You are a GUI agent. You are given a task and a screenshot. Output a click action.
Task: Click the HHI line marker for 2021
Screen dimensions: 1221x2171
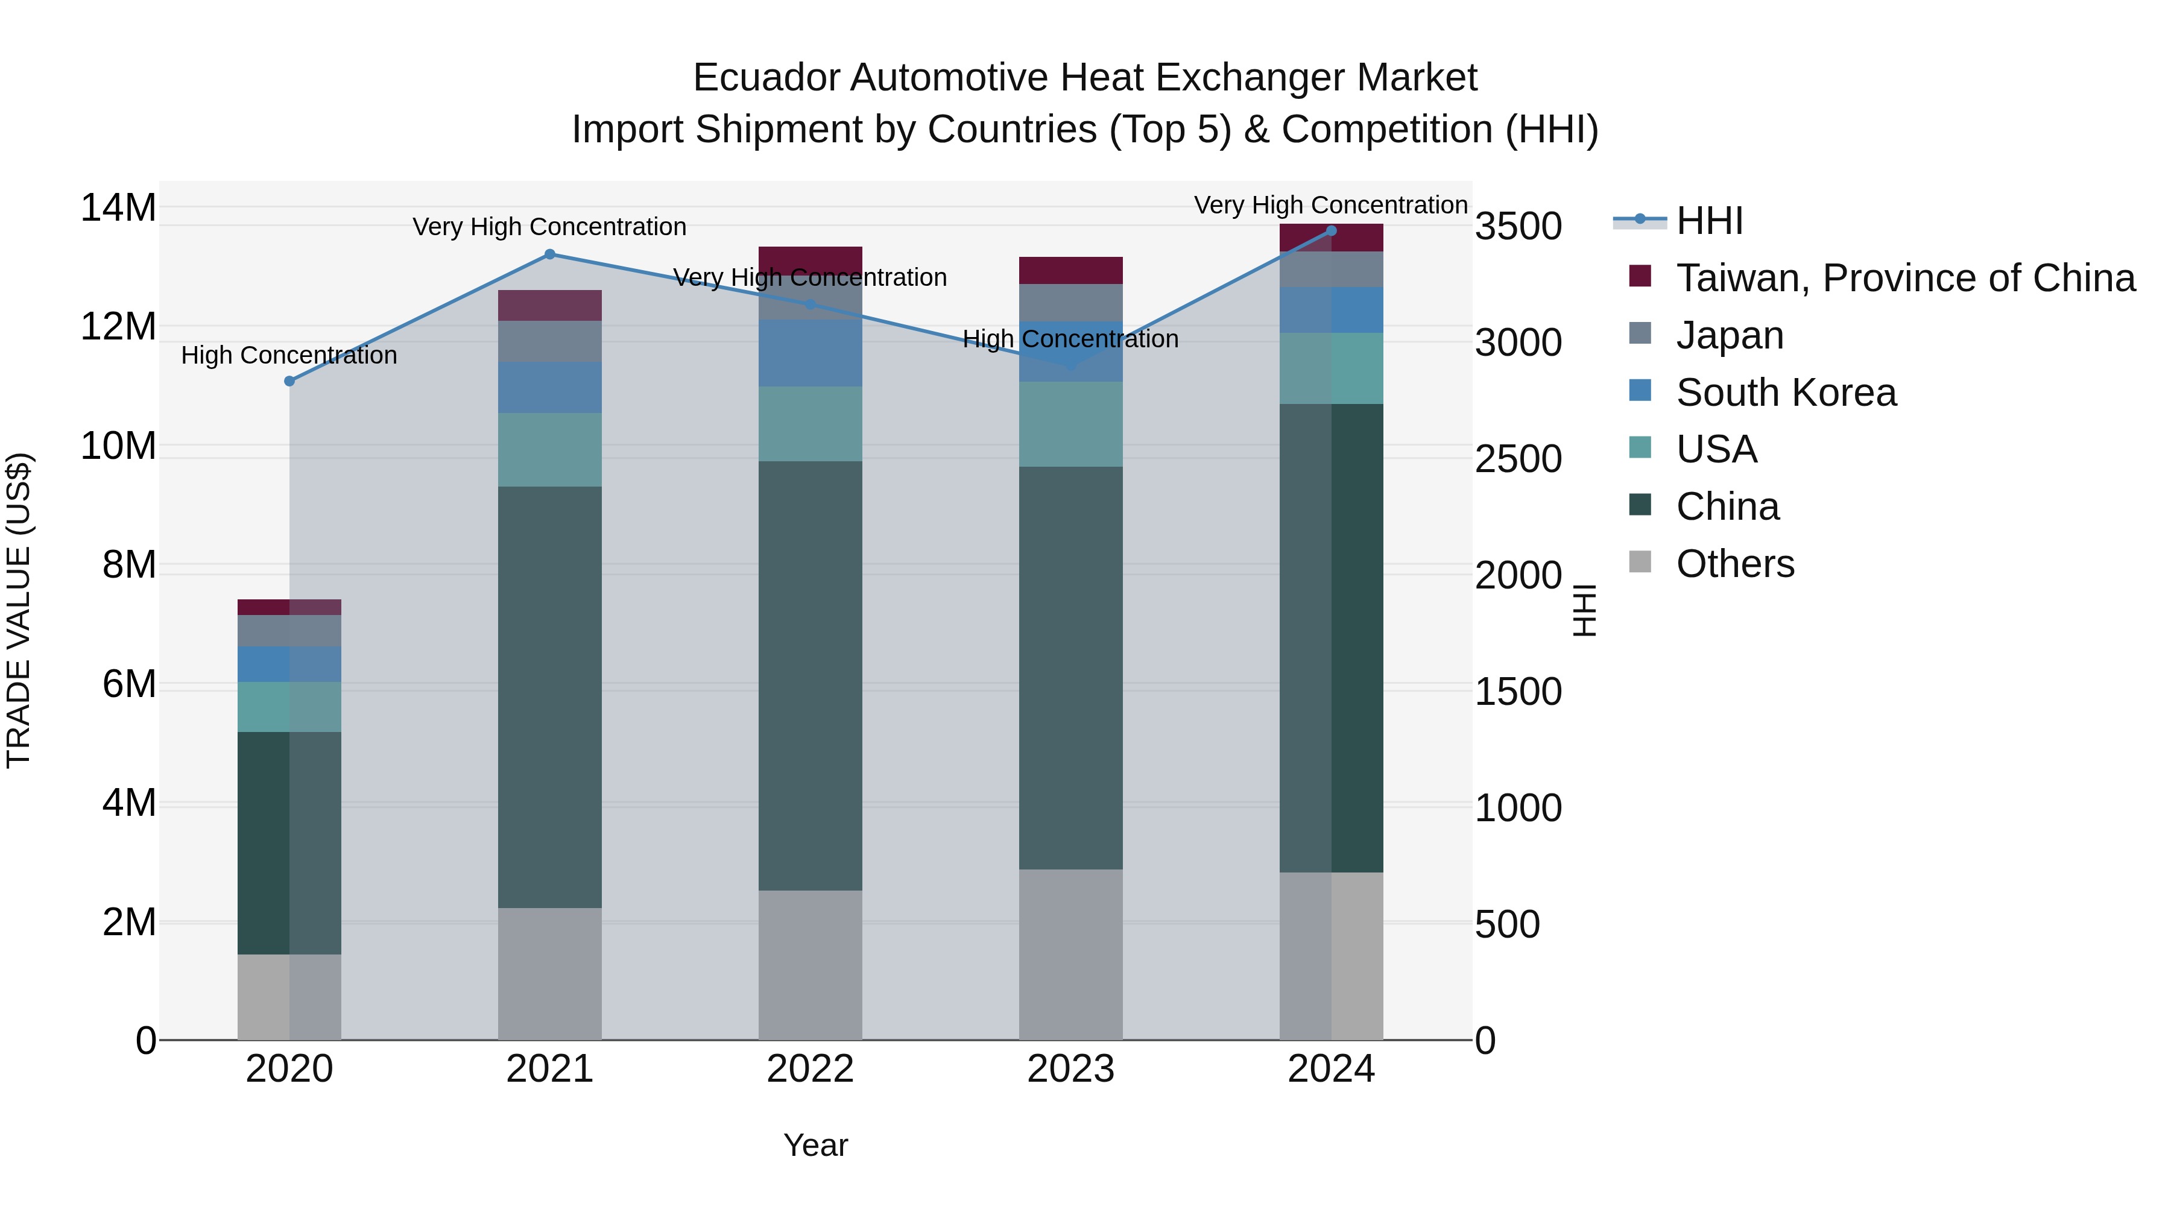click(549, 254)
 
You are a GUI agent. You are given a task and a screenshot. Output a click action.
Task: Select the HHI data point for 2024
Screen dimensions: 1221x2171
click(1331, 230)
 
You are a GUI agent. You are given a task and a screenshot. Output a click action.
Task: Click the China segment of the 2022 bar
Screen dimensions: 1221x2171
click(810, 674)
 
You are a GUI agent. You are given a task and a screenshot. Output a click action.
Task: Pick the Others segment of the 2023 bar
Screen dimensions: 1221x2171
click(1070, 954)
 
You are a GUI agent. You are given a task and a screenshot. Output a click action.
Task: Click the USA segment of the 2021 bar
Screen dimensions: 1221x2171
click(549, 449)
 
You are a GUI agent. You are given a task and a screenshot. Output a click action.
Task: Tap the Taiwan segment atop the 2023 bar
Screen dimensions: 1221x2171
click(1070, 270)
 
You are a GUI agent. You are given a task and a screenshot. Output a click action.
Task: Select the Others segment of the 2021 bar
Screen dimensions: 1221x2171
click(549, 973)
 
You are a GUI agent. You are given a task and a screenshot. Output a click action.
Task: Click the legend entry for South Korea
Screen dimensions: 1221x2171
click(1785, 393)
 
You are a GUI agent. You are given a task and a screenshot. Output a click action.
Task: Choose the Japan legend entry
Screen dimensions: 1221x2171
click(1730, 335)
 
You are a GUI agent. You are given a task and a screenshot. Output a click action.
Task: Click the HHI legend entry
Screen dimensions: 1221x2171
click(1708, 221)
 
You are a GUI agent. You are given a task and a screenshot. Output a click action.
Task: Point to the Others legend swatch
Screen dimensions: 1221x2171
click(1640, 562)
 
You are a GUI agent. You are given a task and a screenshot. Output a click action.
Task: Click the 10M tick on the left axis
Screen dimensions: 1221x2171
click(118, 446)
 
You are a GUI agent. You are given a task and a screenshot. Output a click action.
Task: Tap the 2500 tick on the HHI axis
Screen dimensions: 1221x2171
click(1518, 459)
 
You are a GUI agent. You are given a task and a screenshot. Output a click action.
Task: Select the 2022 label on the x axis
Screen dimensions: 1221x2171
click(810, 1069)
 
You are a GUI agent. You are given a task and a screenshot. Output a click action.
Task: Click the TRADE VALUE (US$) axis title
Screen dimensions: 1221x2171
click(19, 610)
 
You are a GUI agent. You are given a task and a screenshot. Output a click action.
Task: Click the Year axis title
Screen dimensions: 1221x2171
click(815, 1145)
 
